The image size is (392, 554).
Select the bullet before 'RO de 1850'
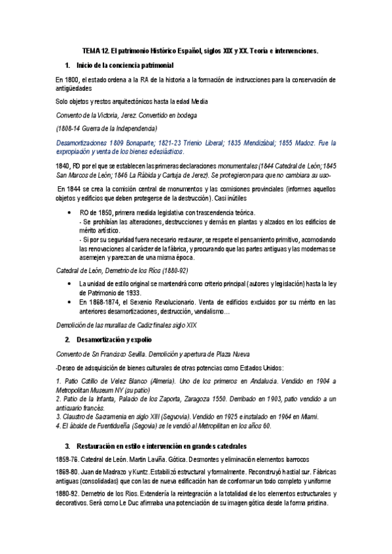tap(69, 213)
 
